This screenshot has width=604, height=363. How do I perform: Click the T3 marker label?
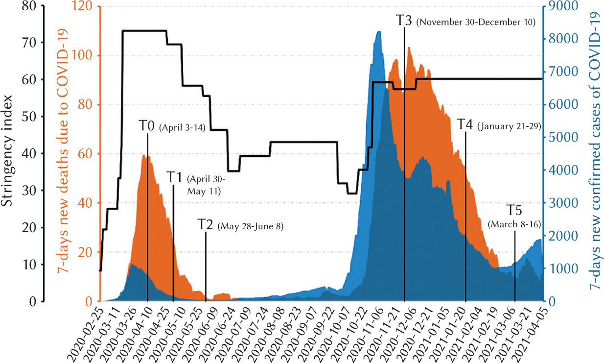pos(404,21)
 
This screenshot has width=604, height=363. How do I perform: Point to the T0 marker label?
pos(147,126)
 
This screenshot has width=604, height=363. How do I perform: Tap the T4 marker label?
pos(465,124)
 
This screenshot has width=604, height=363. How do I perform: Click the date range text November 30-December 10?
pos(476,22)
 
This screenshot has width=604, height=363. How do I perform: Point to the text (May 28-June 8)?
pos(251,226)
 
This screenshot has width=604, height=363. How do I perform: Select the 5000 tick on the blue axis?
pos(562,137)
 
